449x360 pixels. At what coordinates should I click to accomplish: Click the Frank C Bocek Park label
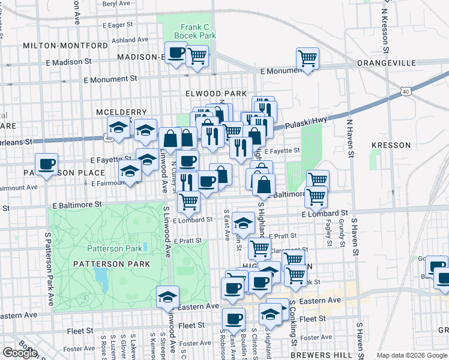[194, 31]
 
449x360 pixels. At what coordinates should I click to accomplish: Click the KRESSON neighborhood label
[391, 145]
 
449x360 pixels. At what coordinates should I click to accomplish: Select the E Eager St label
[117, 25]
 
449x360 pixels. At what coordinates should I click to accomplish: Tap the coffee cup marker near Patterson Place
[46, 164]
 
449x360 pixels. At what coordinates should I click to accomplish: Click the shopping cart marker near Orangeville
[307, 58]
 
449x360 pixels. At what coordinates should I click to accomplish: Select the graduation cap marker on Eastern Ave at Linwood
[167, 295]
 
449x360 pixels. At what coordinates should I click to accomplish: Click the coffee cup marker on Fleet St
[233, 318]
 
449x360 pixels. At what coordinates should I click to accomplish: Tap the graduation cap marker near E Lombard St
[243, 223]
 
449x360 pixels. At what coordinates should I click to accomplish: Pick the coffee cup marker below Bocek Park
[175, 53]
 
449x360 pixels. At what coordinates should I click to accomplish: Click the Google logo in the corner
[19, 353]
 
